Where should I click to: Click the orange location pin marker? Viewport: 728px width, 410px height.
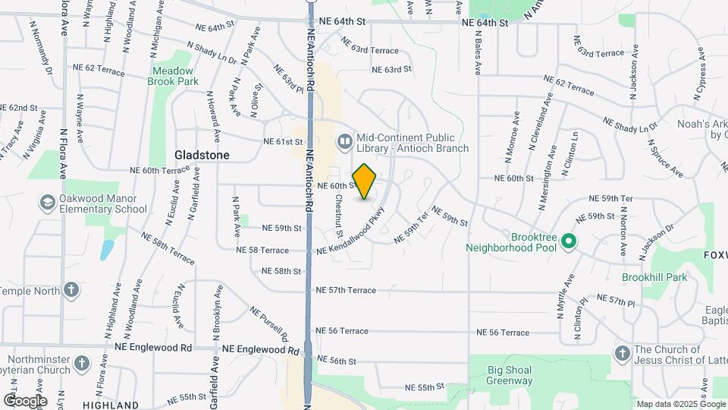(x=365, y=181)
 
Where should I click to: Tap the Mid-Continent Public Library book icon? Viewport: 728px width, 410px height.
(x=345, y=142)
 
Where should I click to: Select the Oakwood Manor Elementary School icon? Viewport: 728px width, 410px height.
(x=47, y=203)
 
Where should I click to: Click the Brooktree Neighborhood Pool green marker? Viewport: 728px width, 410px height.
(x=569, y=242)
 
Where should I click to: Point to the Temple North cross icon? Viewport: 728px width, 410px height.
(x=71, y=290)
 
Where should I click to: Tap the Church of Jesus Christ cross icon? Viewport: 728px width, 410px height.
(x=622, y=354)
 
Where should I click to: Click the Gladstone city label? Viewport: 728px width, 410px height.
(x=202, y=154)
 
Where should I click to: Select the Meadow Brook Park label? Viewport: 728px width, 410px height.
(x=172, y=75)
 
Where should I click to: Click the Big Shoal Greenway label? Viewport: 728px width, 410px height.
(x=510, y=375)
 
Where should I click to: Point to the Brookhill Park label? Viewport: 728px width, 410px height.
(x=654, y=278)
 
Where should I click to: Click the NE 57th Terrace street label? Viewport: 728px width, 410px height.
(x=346, y=290)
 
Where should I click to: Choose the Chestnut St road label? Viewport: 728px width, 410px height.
(x=340, y=216)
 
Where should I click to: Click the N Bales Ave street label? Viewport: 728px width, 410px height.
(x=479, y=52)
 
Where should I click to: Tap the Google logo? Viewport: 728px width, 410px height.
(x=24, y=400)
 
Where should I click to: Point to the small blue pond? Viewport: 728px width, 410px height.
(x=107, y=250)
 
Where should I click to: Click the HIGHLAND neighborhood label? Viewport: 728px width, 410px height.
(x=111, y=405)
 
